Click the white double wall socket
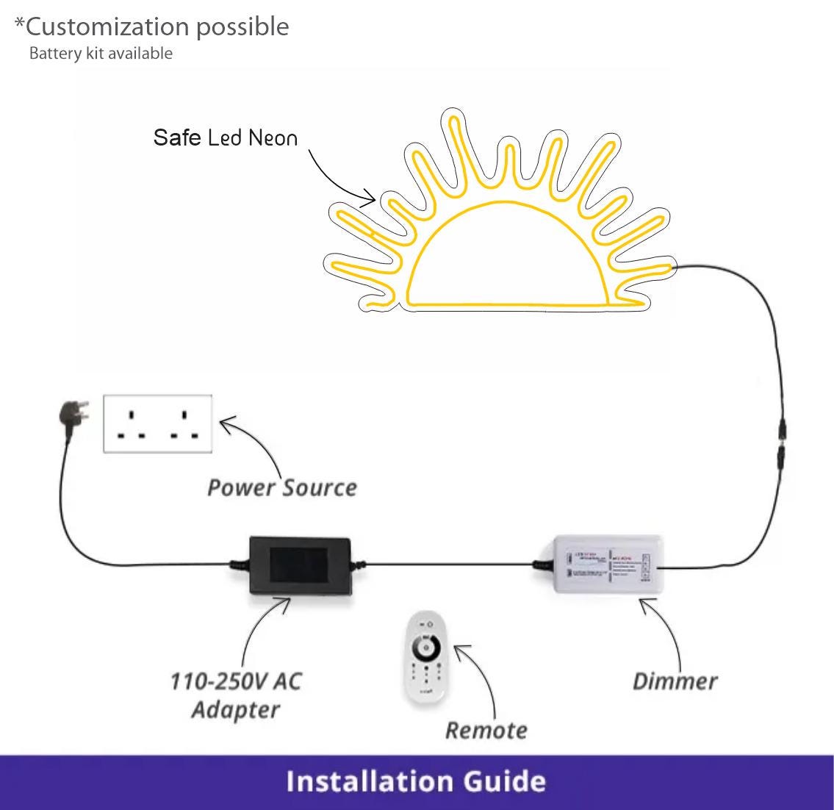[157, 423]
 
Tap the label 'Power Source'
[282, 487]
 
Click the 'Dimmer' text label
[675, 681]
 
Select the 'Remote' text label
[486, 730]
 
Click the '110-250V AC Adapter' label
[236, 695]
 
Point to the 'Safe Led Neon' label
[226, 137]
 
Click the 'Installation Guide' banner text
[416, 781]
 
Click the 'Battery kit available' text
[101, 54]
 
